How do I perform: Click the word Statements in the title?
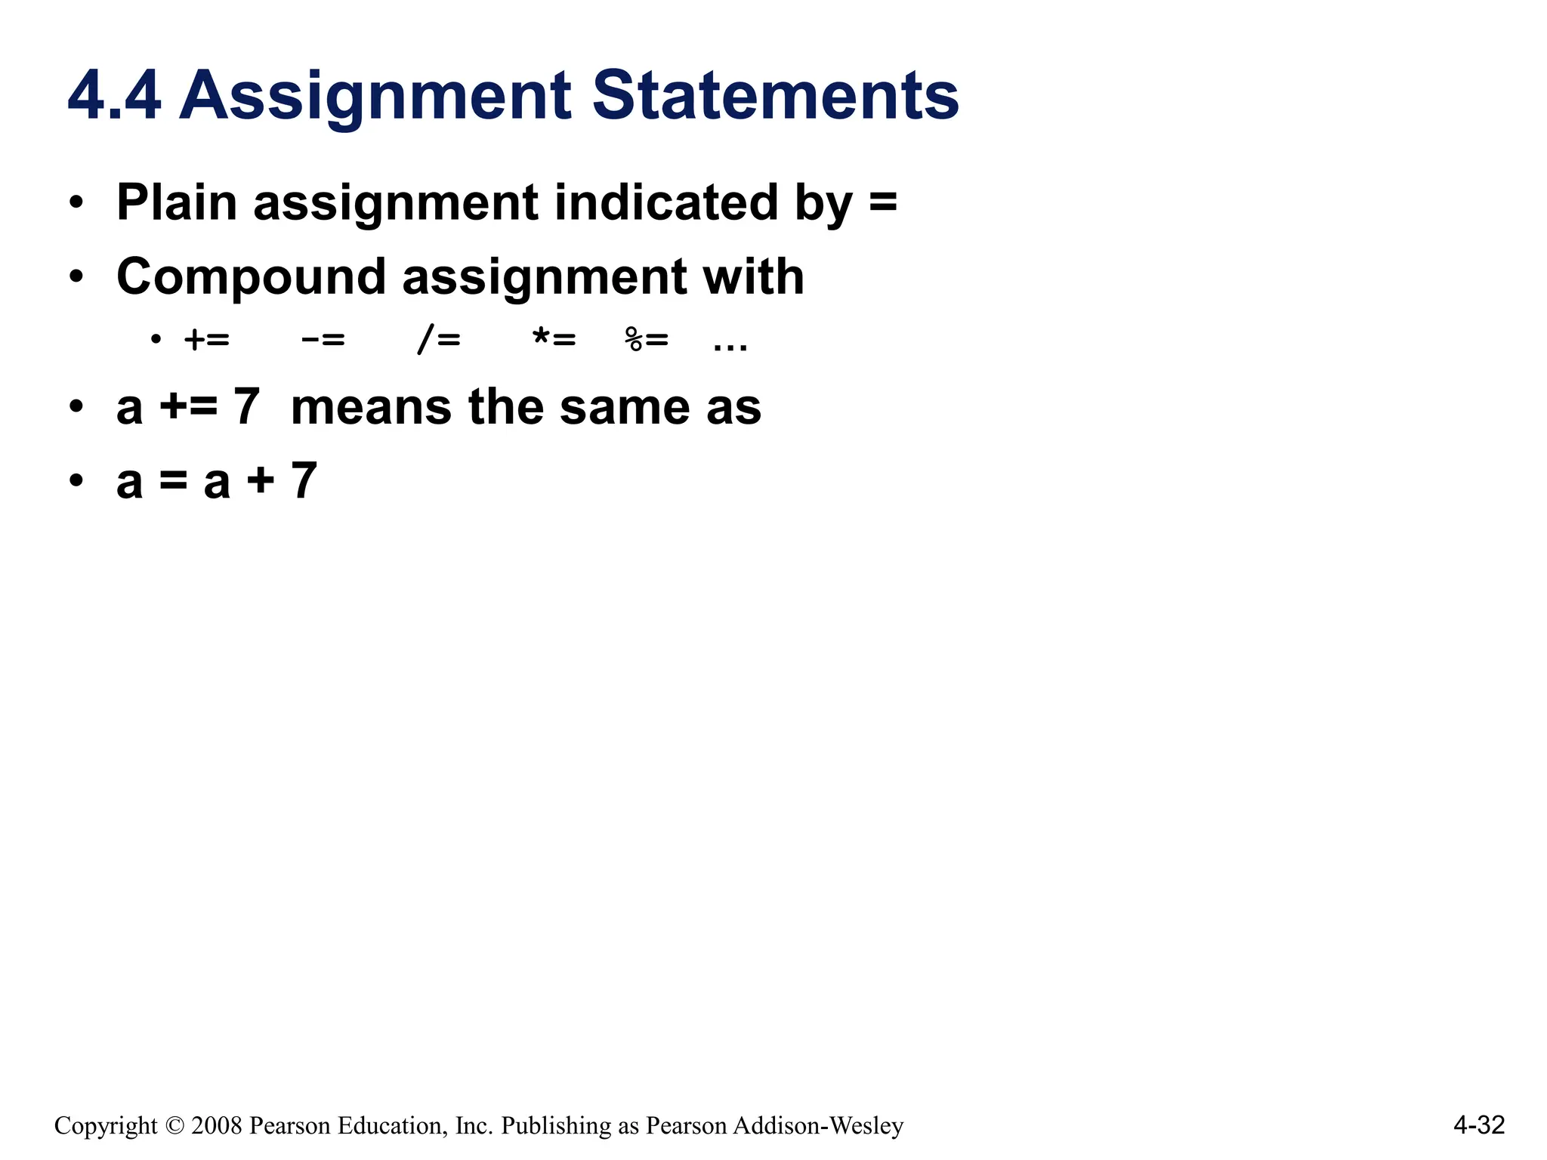coord(775,96)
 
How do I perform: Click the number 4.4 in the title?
coord(114,96)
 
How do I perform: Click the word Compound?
coord(251,277)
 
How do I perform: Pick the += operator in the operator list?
coord(206,340)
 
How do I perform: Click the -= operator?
coord(323,340)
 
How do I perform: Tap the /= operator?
coord(439,340)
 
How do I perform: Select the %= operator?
coord(647,340)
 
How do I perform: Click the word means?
coord(371,407)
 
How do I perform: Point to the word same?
coord(625,408)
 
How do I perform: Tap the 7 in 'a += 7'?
coord(247,407)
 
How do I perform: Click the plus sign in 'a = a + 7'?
coord(261,481)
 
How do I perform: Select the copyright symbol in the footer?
coord(174,1126)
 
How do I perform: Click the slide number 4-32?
coord(1479,1125)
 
